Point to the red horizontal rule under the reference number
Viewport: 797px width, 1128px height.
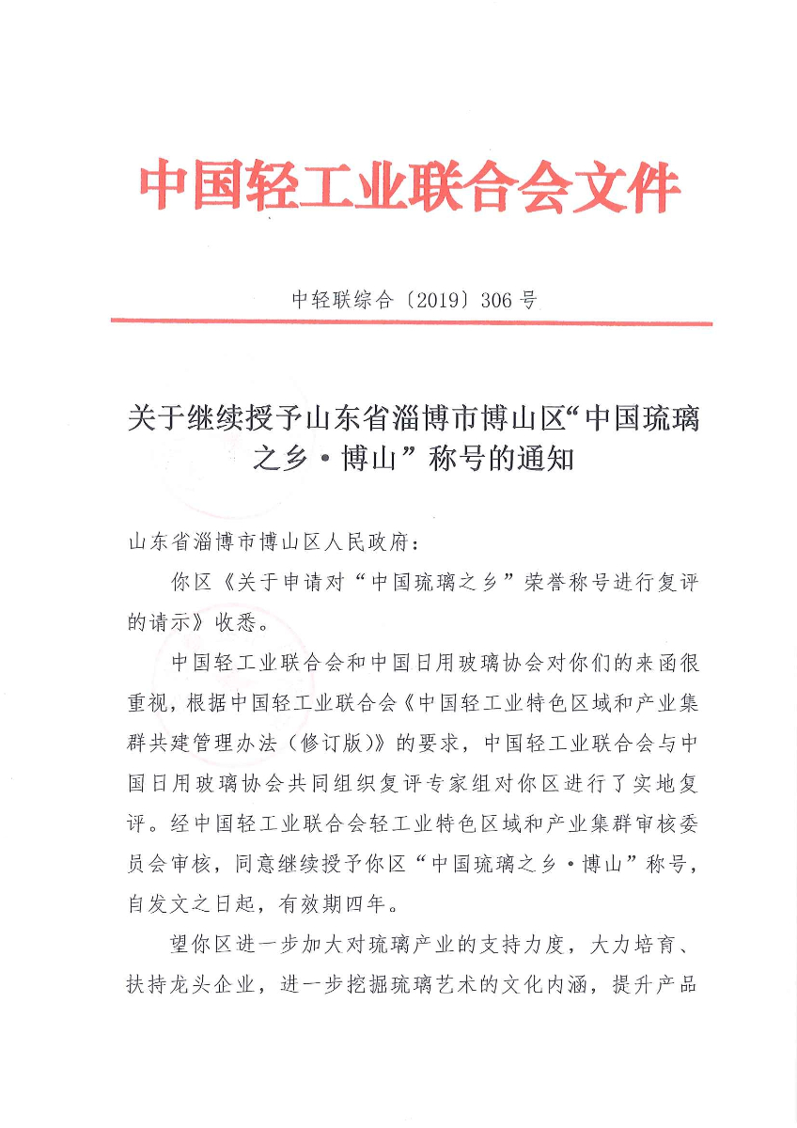click(x=411, y=322)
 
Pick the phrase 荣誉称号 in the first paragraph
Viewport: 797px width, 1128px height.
click(x=570, y=583)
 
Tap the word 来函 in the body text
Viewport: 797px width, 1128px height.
click(x=640, y=663)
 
